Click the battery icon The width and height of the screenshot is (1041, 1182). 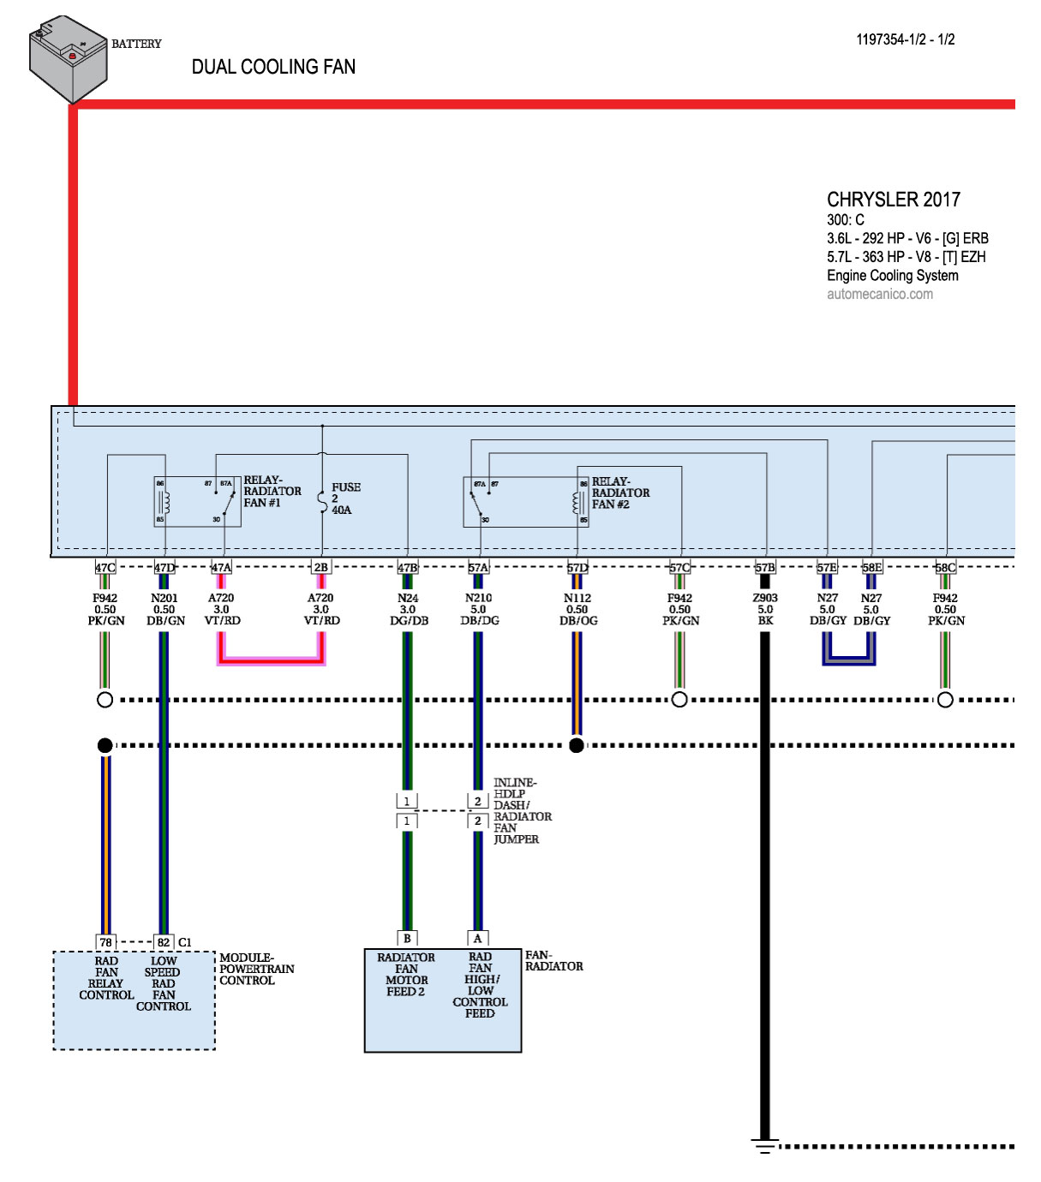[x=68, y=58]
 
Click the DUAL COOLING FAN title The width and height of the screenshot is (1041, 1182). [x=273, y=67]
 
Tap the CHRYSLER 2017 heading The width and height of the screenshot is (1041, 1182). [x=894, y=200]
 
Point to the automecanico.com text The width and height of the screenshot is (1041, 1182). [x=880, y=294]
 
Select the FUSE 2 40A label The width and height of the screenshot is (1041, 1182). [x=344, y=498]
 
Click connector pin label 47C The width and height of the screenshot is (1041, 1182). [x=105, y=567]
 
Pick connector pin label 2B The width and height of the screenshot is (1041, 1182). [x=320, y=567]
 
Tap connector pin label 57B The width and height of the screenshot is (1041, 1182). [x=765, y=567]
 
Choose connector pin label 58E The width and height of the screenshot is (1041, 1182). [x=871, y=567]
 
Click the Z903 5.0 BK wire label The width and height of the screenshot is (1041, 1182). [x=765, y=609]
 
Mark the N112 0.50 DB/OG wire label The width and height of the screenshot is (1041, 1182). [x=578, y=609]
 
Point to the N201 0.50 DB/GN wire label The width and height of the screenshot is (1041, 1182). [x=165, y=609]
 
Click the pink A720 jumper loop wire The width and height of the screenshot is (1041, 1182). [x=272, y=660]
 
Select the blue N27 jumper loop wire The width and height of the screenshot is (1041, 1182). [x=849, y=660]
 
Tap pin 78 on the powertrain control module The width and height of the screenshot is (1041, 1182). [x=105, y=942]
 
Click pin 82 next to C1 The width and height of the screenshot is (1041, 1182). [x=164, y=942]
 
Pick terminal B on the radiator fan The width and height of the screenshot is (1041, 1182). [x=407, y=938]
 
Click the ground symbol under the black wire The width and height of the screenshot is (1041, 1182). [x=765, y=1146]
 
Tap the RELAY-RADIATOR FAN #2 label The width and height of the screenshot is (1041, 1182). [x=620, y=493]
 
